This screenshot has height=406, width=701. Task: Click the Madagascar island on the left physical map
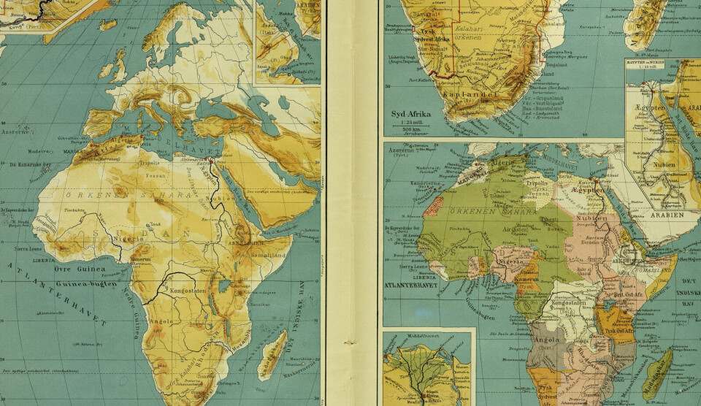(272, 353)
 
